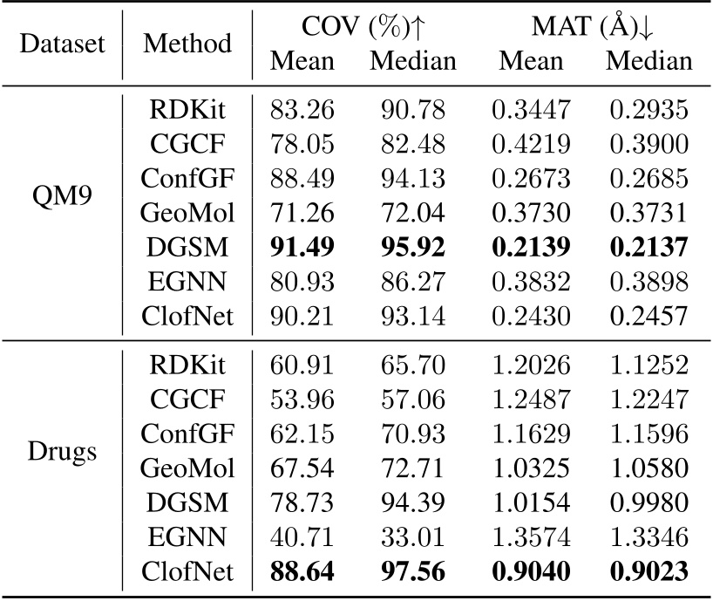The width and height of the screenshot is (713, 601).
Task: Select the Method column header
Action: (x=187, y=44)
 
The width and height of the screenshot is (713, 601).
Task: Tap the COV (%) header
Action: (x=362, y=28)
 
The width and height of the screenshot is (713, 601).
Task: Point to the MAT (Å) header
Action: (x=594, y=28)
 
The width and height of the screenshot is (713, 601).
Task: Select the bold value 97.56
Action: (x=412, y=570)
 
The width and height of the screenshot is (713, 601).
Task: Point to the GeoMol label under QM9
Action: (x=187, y=214)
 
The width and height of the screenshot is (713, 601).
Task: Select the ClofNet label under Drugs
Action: (x=187, y=570)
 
